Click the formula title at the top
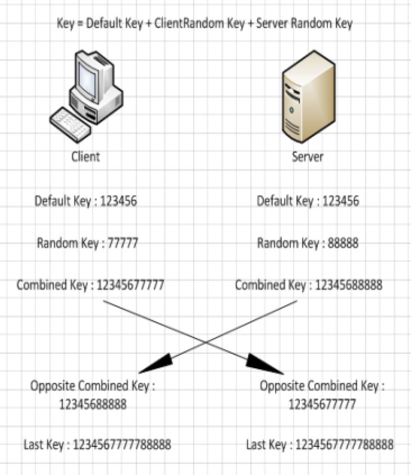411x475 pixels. tap(205, 24)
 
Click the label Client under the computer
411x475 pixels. tap(85, 157)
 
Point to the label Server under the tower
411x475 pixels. tap(308, 157)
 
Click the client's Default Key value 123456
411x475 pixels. tap(118, 201)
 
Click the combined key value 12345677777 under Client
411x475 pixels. tap(130, 285)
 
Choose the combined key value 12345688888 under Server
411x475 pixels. tap(349, 285)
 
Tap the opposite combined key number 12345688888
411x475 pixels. tap(93, 404)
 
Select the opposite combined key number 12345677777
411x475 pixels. tap(322, 404)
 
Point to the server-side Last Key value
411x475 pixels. tap(344, 445)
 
